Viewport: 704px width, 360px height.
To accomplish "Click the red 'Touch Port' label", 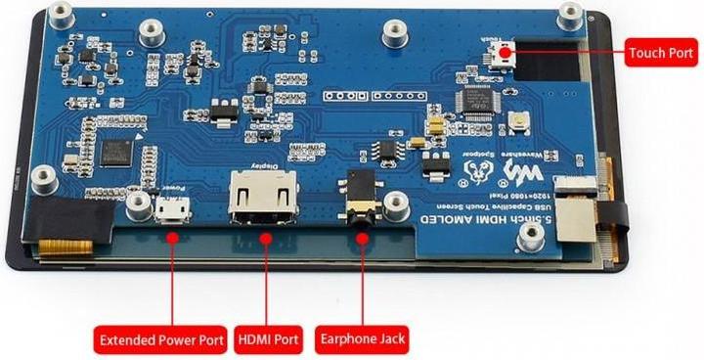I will coord(661,53).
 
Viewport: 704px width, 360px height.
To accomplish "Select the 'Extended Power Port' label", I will coord(161,341).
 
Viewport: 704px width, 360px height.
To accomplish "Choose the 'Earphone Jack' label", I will coord(363,341).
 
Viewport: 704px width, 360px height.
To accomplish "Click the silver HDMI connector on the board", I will coord(263,201).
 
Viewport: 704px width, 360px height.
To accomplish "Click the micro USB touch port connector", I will coord(503,55).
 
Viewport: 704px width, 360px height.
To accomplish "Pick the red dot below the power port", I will coord(172,238).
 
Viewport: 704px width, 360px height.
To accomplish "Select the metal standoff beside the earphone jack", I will coord(396,203).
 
